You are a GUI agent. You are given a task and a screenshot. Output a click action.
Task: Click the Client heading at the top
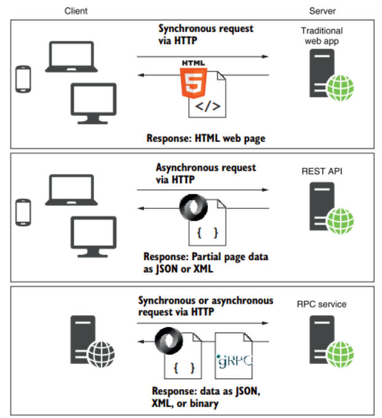(76, 11)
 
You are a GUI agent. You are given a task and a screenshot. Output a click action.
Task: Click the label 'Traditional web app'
(322, 36)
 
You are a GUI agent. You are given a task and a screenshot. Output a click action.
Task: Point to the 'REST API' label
(321, 171)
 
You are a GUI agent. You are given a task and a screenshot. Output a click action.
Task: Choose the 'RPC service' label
(321, 304)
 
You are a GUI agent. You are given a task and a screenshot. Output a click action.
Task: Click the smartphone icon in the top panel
(23, 79)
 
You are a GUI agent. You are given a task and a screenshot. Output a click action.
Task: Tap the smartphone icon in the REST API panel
(23, 212)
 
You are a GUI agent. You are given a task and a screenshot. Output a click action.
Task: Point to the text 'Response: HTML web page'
(205, 138)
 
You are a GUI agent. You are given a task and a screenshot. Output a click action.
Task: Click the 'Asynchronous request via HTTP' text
(205, 173)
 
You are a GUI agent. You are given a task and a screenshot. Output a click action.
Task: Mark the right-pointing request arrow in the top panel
(202, 57)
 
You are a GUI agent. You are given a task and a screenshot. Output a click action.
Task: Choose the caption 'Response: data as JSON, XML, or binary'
(205, 398)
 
